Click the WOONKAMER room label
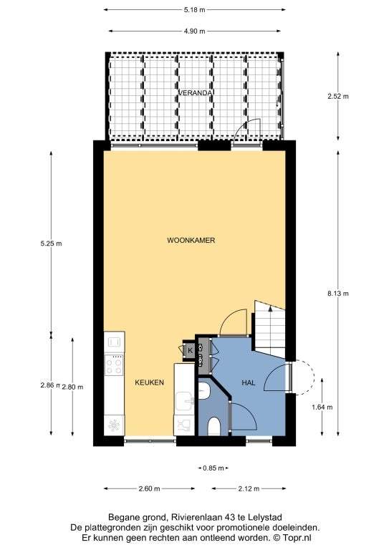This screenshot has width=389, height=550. tap(191, 241)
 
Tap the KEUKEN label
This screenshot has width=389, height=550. tap(150, 382)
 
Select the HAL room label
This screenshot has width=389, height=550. tap(249, 383)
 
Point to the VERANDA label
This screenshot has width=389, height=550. tap(195, 93)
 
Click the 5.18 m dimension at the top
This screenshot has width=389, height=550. tap(194, 10)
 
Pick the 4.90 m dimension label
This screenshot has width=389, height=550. tap(194, 32)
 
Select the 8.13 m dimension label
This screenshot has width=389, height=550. tap(338, 294)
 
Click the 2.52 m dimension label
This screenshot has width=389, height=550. tap(338, 96)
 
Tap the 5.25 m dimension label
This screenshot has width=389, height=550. tap(51, 243)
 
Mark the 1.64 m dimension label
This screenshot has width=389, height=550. tap(322, 407)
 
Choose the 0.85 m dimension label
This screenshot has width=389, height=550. tap(213, 468)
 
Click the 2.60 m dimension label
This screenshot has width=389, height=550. tap(150, 488)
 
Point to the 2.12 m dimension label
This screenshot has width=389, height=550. tap(249, 488)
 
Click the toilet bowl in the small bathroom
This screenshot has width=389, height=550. tap(213, 427)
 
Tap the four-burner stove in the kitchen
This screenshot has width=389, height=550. tap(115, 365)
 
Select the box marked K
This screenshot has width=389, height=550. tap(190, 349)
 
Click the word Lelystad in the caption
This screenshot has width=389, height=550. tap(265, 517)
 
